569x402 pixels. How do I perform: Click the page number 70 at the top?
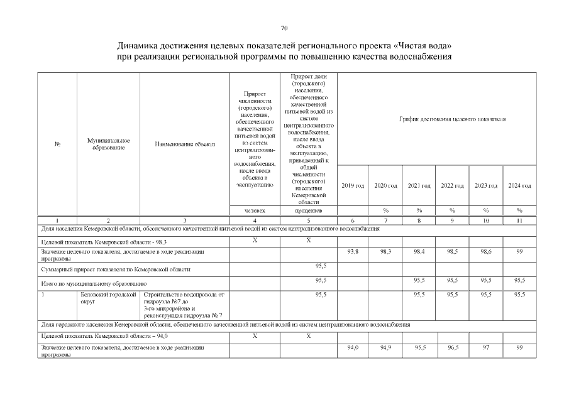pyautogui.click(x=284, y=28)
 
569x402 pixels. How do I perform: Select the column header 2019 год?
pyautogui.click(x=352, y=185)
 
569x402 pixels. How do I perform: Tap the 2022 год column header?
pyautogui.click(x=452, y=185)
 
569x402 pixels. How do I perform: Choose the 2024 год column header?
pyautogui.click(x=519, y=185)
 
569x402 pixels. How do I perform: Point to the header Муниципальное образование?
pyautogui.click(x=108, y=144)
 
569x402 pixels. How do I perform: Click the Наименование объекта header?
pyautogui.click(x=185, y=144)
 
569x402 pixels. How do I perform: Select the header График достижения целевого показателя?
pyautogui.click(x=453, y=119)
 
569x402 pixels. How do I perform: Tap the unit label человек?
pyautogui.click(x=255, y=210)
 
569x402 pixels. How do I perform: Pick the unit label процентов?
pyautogui.click(x=308, y=210)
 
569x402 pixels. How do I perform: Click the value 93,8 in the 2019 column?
pyautogui.click(x=352, y=251)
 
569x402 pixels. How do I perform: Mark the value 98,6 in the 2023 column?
pyautogui.click(x=486, y=251)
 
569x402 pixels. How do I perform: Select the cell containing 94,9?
pyautogui.click(x=385, y=347)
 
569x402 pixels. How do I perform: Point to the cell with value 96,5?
pyautogui.click(x=452, y=347)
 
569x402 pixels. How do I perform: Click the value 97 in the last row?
pyautogui.click(x=486, y=347)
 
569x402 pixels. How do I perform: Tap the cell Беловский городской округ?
pyautogui.click(x=108, y=298)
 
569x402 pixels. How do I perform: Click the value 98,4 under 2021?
pyautogui.click(x=419, y=251)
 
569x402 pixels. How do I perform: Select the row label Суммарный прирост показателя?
pyautogui.click(x=116, y=269)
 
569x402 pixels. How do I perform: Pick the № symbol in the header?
pyautogui.click(x=57, y=144)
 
